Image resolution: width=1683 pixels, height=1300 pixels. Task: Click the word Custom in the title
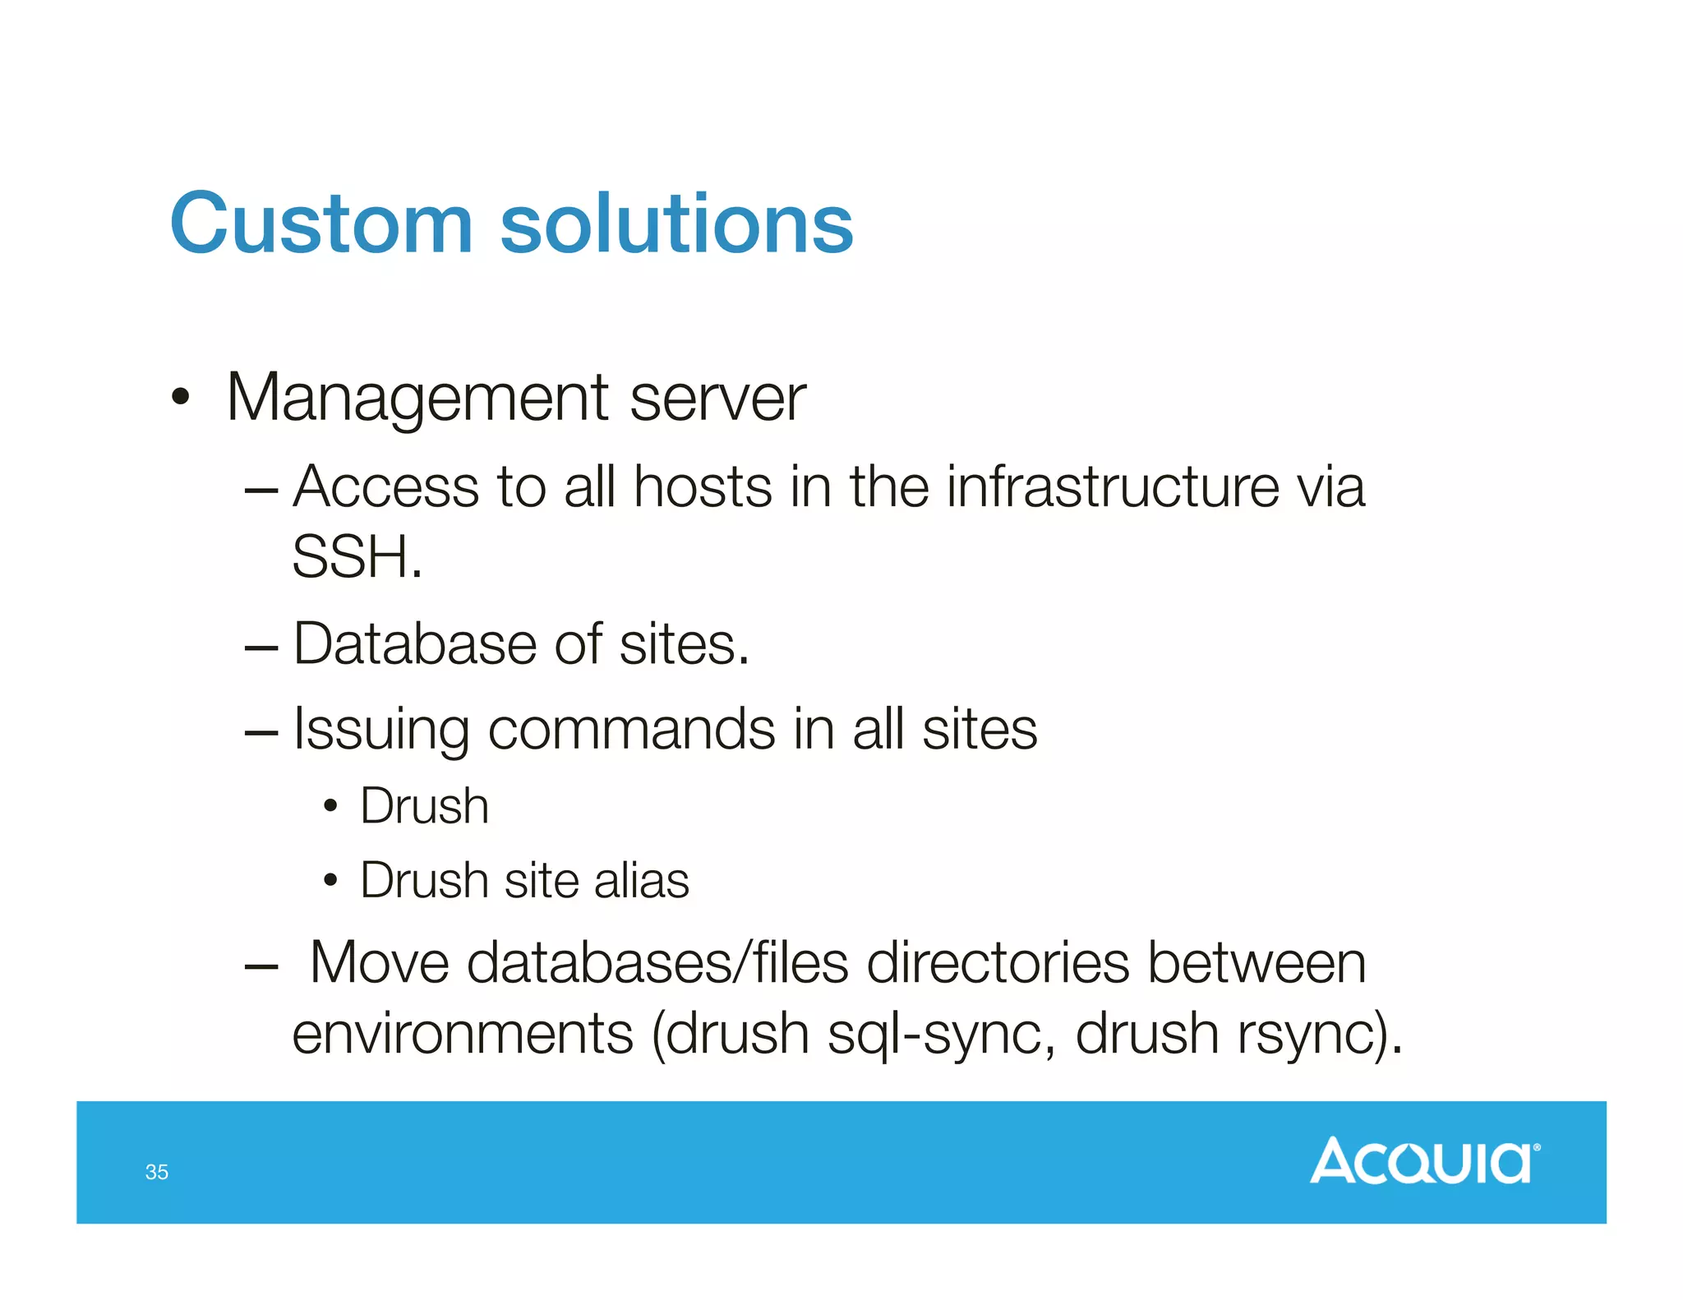pyautogui.click(x=321, y=224)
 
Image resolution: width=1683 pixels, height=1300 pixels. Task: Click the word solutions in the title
pyautogui.click(x=676, y=224)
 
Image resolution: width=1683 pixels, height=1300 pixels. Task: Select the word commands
pyautogui.click(x=631, y=729)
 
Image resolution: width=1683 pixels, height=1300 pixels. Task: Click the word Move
pyautogui.click(x=380, y=962)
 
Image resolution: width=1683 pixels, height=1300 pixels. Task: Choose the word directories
pyautogui.click(x=998, y=962)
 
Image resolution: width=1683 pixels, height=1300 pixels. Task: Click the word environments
pyautogui.click(x=463, y=1034)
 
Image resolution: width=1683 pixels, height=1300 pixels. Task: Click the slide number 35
pyautogui.click(x=156, y=1172)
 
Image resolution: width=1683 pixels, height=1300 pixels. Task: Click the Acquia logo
pyautogui.click(x=1424, y=1160)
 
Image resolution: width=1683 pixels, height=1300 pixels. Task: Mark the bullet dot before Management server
pyautogui.click(x=180, y=399)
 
